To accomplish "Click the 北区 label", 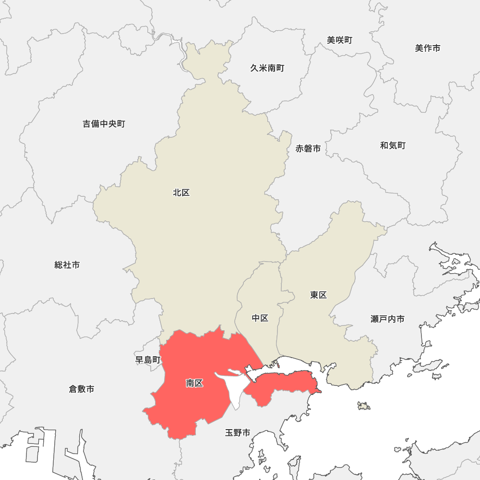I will (x=181, y=193).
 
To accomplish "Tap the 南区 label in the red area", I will (x=194, y=383).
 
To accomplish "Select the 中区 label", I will (x=260, y=318).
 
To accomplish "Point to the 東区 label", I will (x=318, y=295).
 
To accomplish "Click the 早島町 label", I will (x=148, y=360).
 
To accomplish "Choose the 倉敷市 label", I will (x=82, y=389).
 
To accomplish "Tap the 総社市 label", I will (x=67, y=265).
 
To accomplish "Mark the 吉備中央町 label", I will (x=104, y=124).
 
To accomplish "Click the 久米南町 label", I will (x=267, y=68).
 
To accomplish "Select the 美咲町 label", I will (x=339, y=40).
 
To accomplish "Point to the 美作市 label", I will (x=428, y=48).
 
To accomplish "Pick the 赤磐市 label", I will (x=308, y=149).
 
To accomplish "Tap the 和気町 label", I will (x=393, y=145).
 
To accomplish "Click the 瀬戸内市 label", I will (x=387, y=319).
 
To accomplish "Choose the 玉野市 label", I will (x=238, y=433).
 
